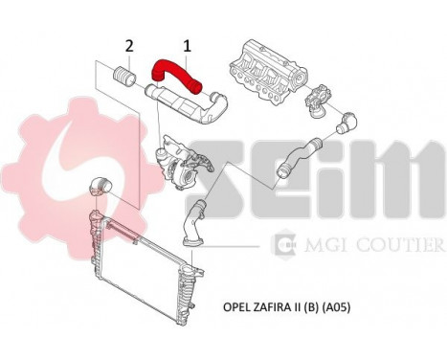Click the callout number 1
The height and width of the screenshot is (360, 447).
(188, 44)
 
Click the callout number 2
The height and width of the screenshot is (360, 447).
(128, 44)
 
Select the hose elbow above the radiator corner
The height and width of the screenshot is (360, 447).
(101, 186)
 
